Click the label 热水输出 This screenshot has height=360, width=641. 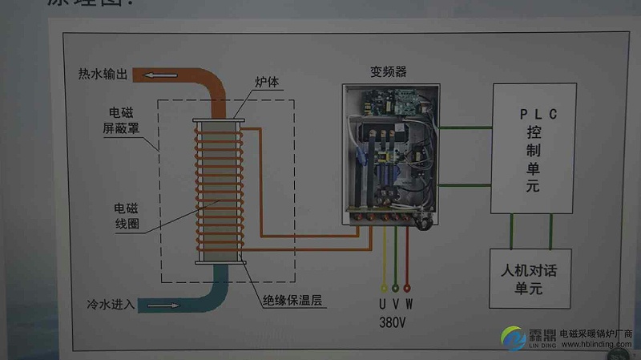(103, 75)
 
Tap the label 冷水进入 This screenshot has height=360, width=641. (112, 305)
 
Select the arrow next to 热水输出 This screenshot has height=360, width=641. (159, 75)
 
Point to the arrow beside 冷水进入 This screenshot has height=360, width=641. (164, 305)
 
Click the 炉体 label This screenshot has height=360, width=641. (266, 83)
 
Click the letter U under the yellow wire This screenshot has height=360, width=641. (383, 304)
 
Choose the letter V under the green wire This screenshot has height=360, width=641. (396, 304)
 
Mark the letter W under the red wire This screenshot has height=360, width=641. (409, 304)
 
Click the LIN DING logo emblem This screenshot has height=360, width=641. (514, 337)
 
